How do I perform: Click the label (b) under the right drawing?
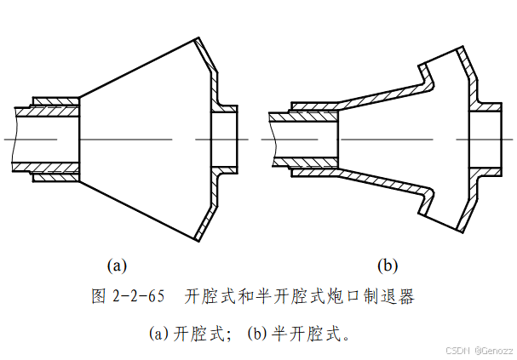tap(388, 266)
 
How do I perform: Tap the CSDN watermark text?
tap(458, 351)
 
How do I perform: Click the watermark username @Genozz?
tap(495, 351)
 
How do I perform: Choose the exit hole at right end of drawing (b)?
tap(487, 140)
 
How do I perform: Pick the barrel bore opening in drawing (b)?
tap(294, 140)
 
